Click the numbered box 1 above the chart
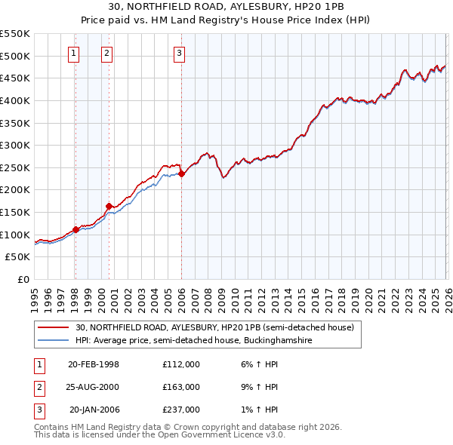tap(74, 53)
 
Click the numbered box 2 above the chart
tap(107, 53)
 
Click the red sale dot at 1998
tap(75, 229)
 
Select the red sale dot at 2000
tap(109, 206)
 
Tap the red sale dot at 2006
tap(181, 173)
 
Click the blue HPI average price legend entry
tap(193, 340)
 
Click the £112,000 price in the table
tap(181, 364)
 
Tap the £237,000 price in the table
tap(181, 410)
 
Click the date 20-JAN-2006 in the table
tap(94, 410)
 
